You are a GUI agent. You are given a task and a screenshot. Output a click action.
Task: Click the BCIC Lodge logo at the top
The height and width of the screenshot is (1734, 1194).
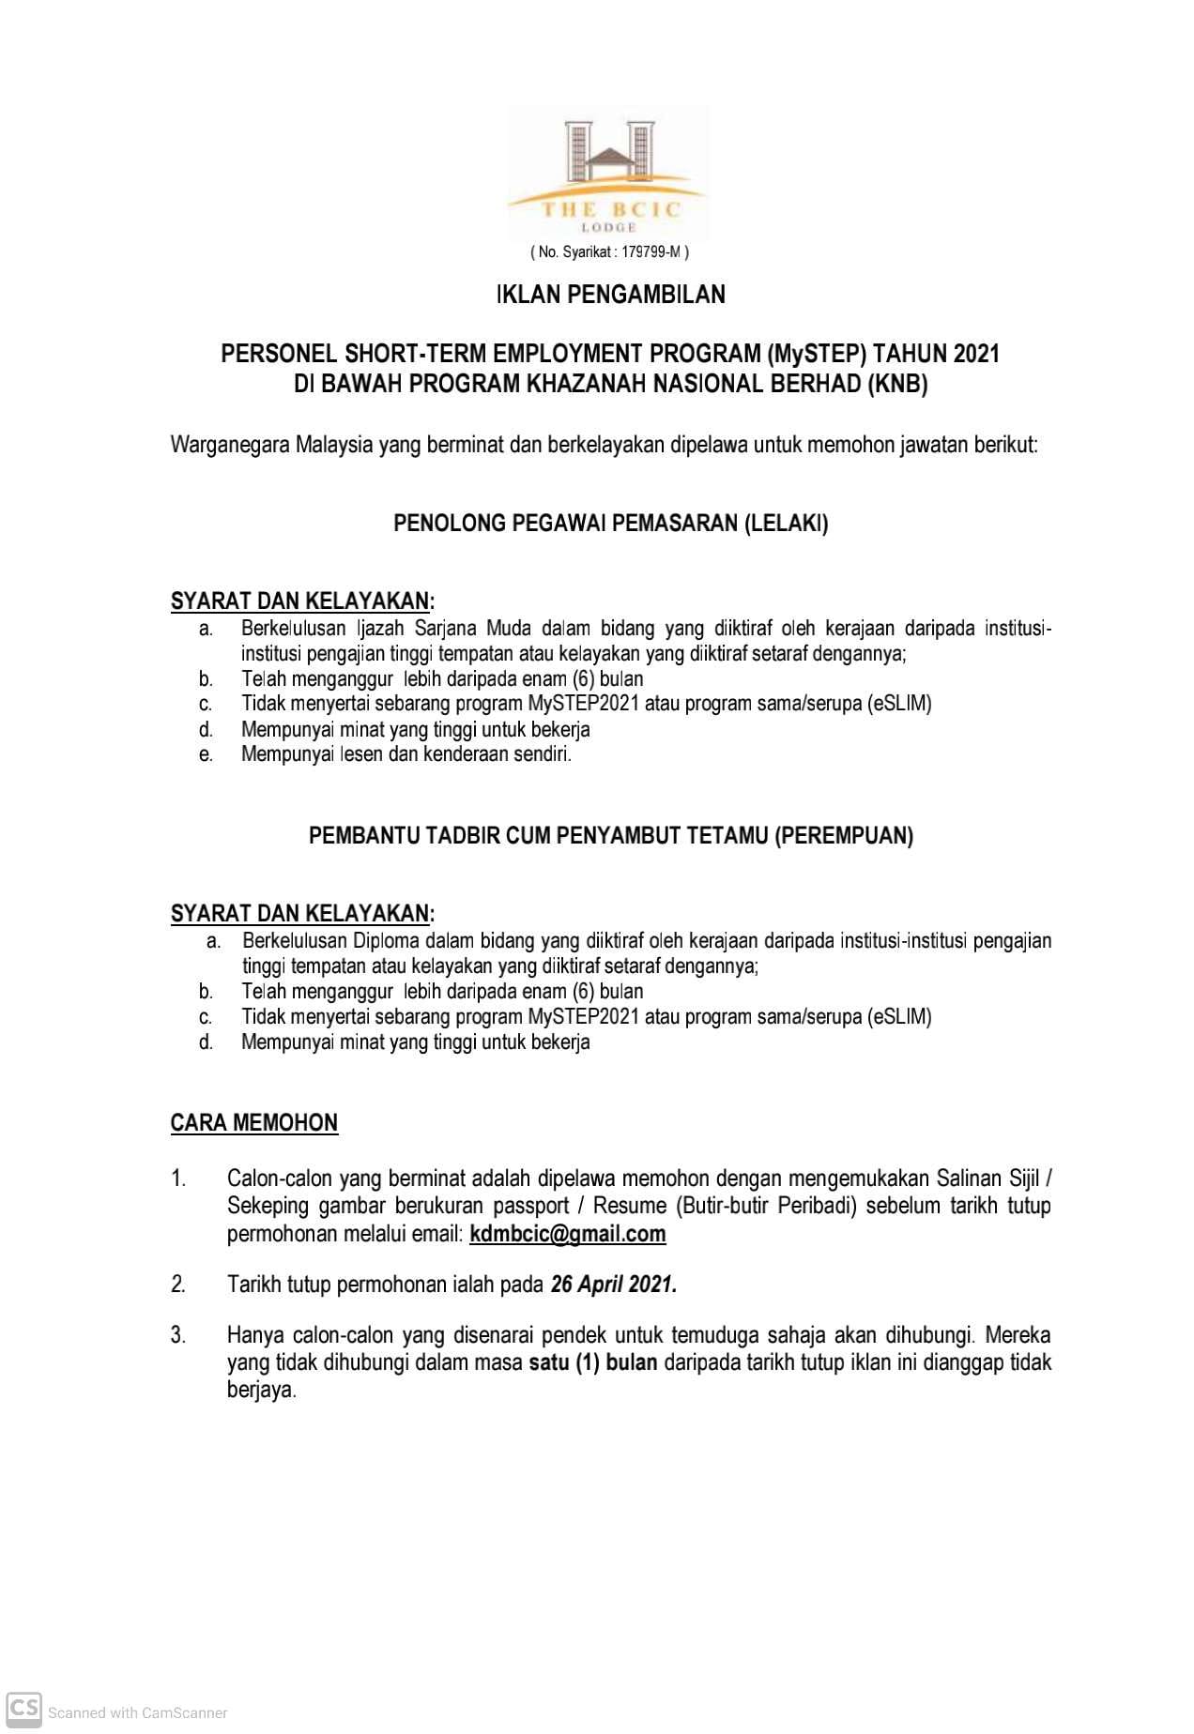click(607, 174)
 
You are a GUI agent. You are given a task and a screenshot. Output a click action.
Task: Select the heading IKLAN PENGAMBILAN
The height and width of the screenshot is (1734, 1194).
click(610, 295)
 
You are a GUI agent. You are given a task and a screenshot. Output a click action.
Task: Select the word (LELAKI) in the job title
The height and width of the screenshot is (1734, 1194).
click(786, 523)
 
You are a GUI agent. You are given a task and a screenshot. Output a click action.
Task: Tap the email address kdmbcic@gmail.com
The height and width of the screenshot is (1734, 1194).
click(567, 1234)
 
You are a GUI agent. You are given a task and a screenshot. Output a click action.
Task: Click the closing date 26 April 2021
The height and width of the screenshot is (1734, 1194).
click(613, 1285)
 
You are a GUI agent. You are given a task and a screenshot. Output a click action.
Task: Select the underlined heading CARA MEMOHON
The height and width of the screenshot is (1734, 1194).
click(253, 1123)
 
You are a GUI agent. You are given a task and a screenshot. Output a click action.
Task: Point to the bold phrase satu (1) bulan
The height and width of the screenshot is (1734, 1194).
click(592, 1362)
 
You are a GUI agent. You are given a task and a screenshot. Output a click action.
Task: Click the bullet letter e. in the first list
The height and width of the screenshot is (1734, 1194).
click(206, 754)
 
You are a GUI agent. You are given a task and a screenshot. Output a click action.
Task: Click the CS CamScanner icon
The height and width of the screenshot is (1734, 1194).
click(23, 1707)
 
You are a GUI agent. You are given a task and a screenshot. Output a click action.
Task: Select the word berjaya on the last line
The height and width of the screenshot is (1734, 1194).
click(261, 1390)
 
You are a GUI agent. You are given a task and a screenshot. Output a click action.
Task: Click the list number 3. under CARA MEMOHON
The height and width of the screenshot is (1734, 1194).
click(178, 1335)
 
